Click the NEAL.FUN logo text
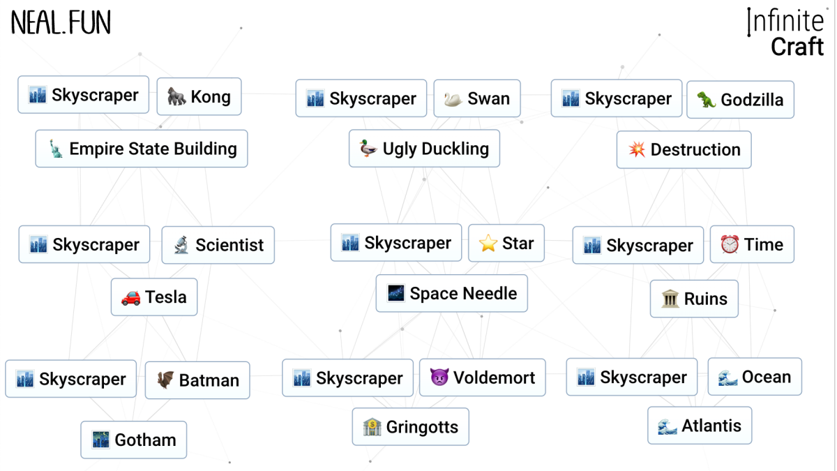61,23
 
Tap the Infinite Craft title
786,33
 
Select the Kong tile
199,96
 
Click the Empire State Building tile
142,149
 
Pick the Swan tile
476,98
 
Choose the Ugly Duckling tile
424,149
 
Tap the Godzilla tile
740,100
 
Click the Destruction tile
684,149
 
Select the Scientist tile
218,245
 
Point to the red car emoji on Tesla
130,297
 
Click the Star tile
506,243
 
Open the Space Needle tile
451,293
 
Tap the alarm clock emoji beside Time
730,244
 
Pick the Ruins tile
694,299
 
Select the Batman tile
197,380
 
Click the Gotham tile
133,440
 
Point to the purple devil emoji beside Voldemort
439,377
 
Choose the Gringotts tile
410,427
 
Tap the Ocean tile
755,377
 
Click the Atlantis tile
700,426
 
